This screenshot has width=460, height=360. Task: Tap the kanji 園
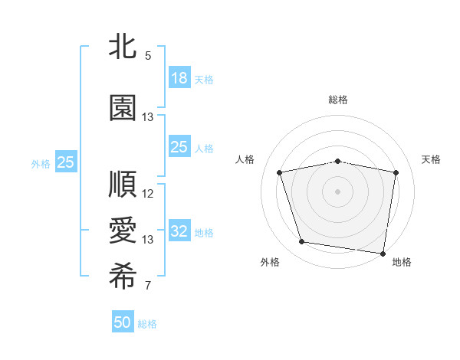point(123,109)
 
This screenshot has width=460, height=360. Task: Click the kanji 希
point(123,277)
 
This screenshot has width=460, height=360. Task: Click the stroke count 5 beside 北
point(148,56)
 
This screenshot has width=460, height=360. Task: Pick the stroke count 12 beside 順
point(148,194)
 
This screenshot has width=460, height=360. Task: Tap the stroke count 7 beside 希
point(148,286)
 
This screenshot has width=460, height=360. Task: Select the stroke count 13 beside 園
point(148,117)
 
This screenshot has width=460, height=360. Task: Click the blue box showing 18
point(179,78)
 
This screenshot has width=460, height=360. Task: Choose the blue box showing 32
point(179,231)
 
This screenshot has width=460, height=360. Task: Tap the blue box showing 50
point(123,322)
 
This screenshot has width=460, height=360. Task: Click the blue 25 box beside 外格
point(65,162)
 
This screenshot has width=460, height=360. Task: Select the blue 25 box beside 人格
point(179,147)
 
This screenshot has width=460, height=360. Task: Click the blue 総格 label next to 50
point(147,324)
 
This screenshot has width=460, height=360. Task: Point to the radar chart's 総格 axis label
point(338,100)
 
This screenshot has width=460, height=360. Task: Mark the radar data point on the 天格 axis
point(396,173)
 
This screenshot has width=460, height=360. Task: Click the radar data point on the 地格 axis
point(383,253)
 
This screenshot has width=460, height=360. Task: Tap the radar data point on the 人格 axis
point(280,173)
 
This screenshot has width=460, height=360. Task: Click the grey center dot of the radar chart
point(338,191)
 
